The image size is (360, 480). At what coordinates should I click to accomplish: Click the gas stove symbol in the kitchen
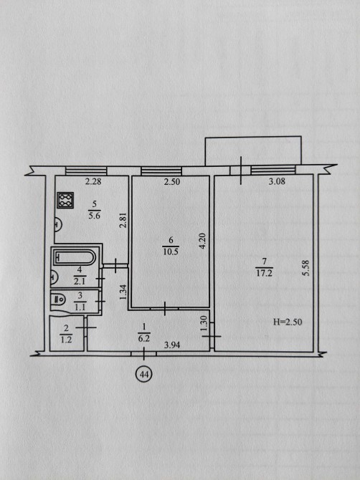(65, 200)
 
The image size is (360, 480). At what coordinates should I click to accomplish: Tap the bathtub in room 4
(75, 257)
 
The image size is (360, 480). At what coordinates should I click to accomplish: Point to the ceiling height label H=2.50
(288, 322)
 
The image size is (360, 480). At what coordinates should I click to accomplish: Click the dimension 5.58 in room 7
(305, 268)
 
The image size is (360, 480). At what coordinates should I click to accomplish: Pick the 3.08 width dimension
(277, 181)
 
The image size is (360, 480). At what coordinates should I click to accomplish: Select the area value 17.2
(264, 273)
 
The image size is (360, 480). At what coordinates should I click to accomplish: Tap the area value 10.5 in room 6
(171, 252)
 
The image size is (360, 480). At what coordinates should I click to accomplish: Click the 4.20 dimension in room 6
(202, 241)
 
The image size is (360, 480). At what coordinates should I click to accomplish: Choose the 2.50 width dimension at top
(172, 182)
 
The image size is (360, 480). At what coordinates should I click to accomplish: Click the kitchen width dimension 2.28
(93, 182)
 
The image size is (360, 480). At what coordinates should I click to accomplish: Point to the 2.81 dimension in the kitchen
(123, 221)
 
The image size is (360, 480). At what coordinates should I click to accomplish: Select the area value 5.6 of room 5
(95, 216)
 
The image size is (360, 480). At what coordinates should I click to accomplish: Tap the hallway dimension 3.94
(172, 345)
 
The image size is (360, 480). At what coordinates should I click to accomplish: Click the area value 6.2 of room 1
(143, 339)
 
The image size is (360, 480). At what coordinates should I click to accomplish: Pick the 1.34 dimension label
(123, 292)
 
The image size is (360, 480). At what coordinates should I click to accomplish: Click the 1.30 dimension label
(204, 324)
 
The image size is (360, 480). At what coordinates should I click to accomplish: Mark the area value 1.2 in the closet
(66, 340)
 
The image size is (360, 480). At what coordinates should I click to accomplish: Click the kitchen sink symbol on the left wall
(58, 224)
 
